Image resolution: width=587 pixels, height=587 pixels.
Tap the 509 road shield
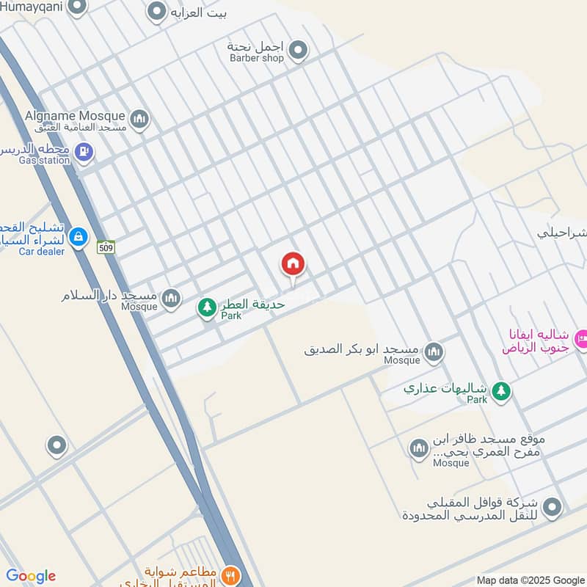[106, 247]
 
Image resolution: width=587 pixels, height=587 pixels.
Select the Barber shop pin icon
[297, 51]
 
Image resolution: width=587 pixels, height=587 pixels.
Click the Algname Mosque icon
[139, 119]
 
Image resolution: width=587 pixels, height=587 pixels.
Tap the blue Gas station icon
[84, 153]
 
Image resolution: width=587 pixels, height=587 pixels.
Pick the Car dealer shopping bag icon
[79, 237]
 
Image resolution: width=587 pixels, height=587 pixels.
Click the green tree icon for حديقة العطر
[207, 308]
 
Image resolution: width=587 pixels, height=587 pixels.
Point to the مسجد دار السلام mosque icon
[171, 298]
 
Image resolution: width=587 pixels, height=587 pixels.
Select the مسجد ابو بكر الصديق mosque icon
[434, 353]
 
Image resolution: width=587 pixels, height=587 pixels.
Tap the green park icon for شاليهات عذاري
[501, 391]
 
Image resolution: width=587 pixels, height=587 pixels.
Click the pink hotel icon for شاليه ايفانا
[581, 339]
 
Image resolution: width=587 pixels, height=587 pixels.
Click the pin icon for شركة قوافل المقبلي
[552, 507]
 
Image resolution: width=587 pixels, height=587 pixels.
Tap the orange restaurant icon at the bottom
[230, 576]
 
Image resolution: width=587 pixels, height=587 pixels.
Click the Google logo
[31, 576]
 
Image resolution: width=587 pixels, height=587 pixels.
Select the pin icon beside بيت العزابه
[156, 12]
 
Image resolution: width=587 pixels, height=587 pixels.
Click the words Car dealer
[42, 252]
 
